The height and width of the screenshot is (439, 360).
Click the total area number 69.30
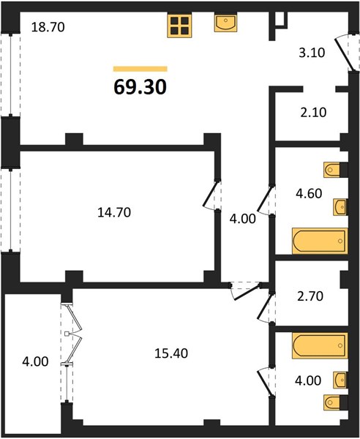point(140,87)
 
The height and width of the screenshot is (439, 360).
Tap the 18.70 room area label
point(48,27)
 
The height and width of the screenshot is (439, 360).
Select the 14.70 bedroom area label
point(114,212)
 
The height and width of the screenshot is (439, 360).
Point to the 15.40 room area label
point(171,353)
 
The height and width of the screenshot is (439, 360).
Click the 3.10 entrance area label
point(312,53)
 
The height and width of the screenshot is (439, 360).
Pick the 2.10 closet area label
point(313,113)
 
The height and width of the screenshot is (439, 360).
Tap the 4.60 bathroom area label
point(309,193)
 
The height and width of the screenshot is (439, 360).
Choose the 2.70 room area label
point(310,296)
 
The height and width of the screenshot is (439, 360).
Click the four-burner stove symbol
point(179,26)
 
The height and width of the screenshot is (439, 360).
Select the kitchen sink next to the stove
point(225,23)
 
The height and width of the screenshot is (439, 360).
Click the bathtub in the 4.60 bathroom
point(320,241)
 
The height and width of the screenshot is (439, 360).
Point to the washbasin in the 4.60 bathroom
point(340,207)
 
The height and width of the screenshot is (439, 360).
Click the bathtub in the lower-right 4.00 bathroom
point(320,345)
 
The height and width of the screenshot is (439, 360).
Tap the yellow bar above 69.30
point(140,69)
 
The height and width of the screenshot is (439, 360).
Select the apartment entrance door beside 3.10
point(345,53)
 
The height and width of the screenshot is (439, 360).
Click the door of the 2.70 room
point(266,307)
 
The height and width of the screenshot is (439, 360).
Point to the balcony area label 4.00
point(35,361)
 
